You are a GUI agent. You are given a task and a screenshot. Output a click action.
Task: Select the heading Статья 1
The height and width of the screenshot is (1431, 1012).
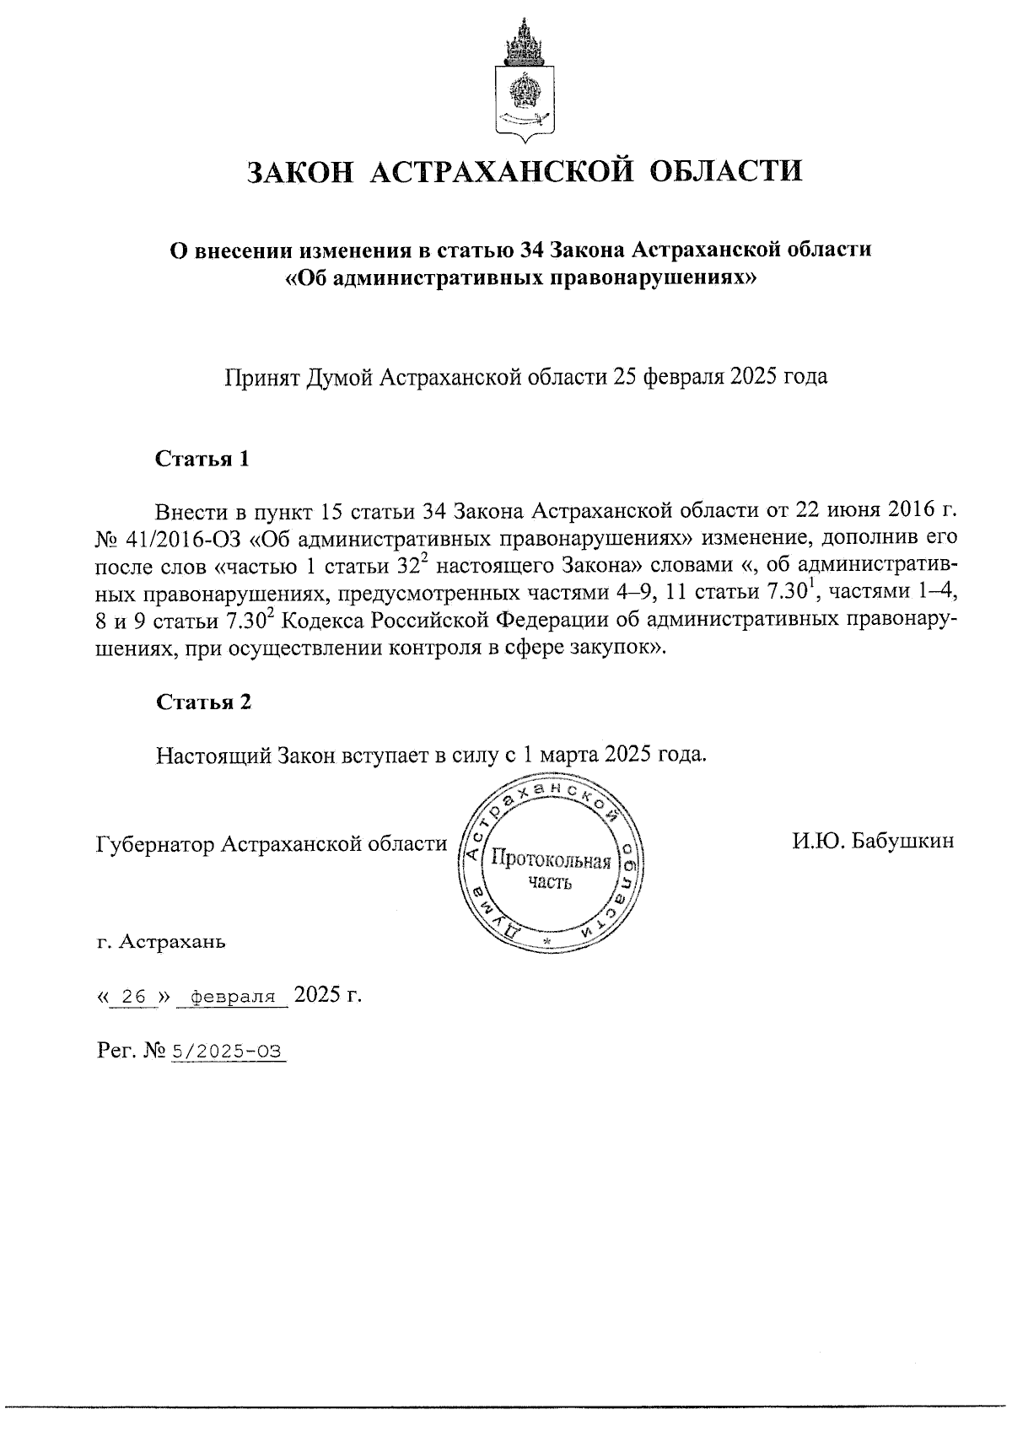(x=202, y=460)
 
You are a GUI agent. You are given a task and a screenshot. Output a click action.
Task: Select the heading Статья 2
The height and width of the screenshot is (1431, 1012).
(x=202, y=702)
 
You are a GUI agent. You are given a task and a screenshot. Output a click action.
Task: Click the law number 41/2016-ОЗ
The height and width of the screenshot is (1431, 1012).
(x=185, y=538)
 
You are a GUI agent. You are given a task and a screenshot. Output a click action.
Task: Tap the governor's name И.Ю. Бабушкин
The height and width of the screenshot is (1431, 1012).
(x=872, y=841)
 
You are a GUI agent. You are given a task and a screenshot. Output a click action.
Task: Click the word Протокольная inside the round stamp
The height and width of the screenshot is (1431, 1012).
(x=550, y=861)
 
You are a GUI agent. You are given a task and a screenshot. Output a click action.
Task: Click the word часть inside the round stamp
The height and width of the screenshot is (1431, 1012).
(x=550, y=883)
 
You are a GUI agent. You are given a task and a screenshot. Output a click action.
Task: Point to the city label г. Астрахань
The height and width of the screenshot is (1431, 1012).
(x=161, y=941)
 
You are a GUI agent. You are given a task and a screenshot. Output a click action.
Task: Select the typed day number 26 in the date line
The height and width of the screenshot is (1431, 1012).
(x=134, y=997)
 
